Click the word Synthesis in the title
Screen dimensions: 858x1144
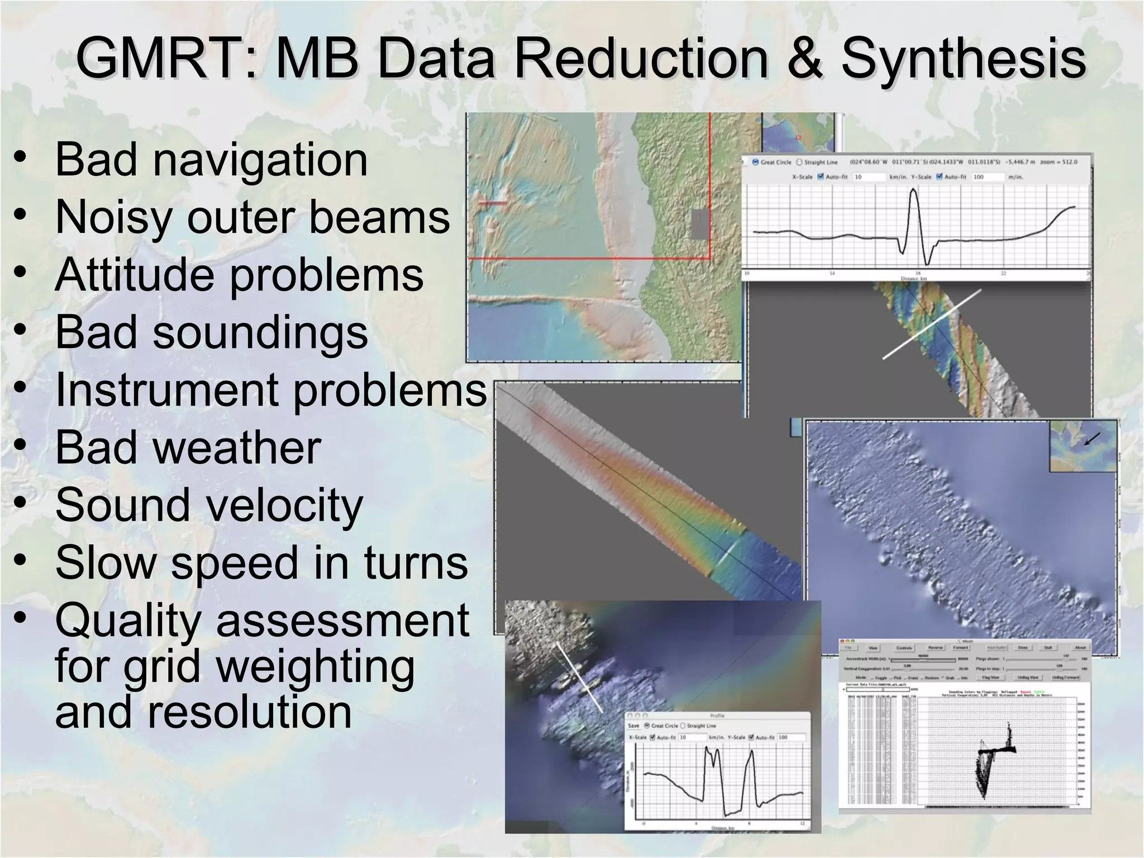click(963, 59)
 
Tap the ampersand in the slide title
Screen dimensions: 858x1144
click(804, 59)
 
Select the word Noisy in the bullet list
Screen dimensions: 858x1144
click(115, 218)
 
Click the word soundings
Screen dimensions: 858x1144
click(260, 332)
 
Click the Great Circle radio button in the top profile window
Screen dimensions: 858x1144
click(756, 162)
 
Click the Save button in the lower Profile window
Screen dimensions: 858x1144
click(633, 726)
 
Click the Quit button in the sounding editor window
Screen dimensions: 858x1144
click(1048, 647)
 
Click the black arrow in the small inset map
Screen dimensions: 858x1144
click(1091, 439)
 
